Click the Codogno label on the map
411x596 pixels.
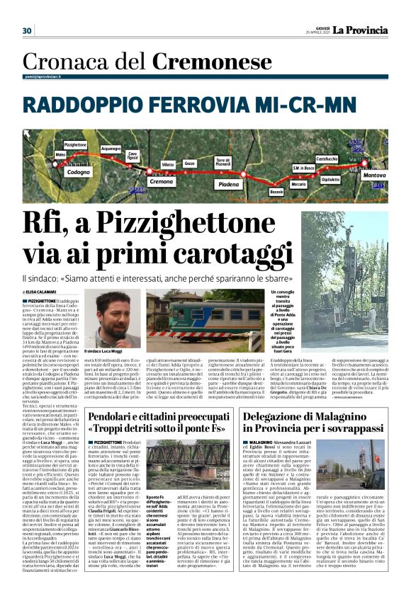pos(79,172)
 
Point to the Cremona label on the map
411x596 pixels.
pos(162,182)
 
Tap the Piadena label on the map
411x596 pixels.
pos(229,184)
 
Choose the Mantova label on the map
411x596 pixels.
pos(374,174)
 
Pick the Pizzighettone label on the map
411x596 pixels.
pos(75,144)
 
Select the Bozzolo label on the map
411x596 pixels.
pos(276,192)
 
